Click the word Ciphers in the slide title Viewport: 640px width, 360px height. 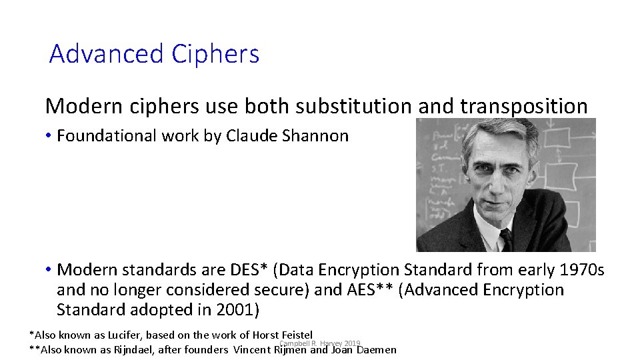(215, 54)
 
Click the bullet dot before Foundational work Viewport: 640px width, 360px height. (49, 136)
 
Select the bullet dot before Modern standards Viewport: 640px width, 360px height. (49, 270)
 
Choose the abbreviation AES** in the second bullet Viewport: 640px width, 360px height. (366, 290)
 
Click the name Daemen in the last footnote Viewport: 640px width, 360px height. (377, 349)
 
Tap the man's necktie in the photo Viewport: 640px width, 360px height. (507, 239)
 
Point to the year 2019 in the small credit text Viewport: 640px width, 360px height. (353, 343)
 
